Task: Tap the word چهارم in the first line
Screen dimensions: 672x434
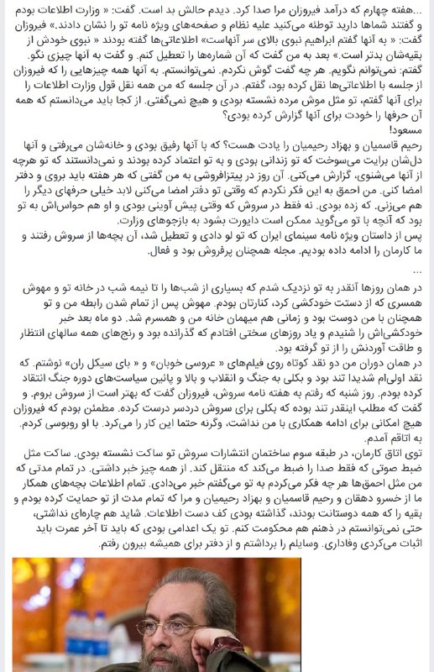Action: tap(378, 12)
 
